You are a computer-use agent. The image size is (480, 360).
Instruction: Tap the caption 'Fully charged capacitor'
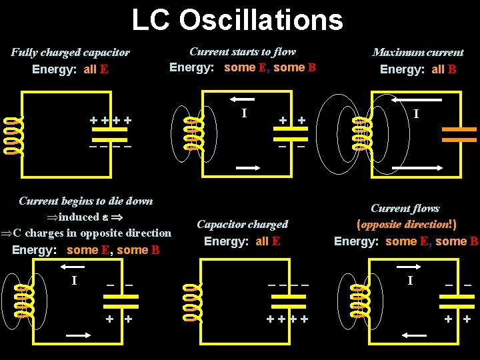coord(70,52)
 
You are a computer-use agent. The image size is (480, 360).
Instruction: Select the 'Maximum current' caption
coord(418,52)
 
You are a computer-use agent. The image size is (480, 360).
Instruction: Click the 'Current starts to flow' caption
coord(243,51)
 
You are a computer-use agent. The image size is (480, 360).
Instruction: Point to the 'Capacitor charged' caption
coord(243,225)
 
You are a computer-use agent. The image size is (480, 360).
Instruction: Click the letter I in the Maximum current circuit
coord(416,115)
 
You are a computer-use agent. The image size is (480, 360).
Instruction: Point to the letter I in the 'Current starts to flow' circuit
coord(244,113)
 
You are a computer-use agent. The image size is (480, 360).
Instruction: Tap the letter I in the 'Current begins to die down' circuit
coord(74,280)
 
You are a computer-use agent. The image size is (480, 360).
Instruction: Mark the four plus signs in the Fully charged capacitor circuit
coord(111,121)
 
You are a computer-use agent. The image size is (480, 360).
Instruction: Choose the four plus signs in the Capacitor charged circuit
coord(287,319)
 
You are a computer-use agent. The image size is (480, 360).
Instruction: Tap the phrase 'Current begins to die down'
coord(86,201)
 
